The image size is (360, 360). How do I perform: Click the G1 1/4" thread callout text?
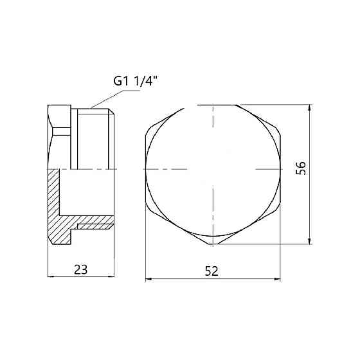(x=136, y=81)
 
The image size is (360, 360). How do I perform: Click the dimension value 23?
(x=81, y=269)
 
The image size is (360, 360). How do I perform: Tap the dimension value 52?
(x=212, y=271)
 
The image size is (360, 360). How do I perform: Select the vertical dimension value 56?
(x=301, y=168)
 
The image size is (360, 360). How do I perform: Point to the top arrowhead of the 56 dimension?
(x=310, y=108)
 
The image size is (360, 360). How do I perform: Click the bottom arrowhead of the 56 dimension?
(x=310, y=240)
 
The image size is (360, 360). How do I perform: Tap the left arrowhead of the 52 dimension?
(x=149, y=279)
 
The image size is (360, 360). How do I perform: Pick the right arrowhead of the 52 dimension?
(x=277, y=279)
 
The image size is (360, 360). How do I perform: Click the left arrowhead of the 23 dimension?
(x=51, y=276)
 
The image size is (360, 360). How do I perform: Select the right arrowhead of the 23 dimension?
(x=111, y=276)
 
